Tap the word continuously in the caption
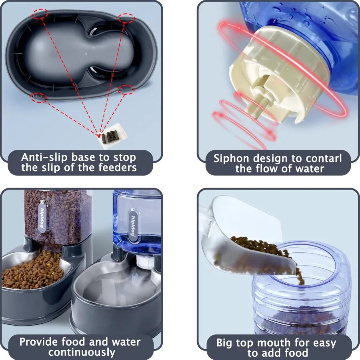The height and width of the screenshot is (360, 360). pos(82,352)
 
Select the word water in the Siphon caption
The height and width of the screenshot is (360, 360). pos(306,168)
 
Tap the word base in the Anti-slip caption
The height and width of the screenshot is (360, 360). pos(82,157)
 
